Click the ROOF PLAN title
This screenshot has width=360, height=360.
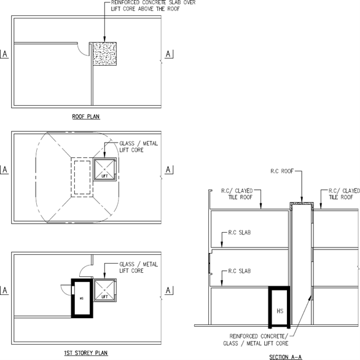tap(86, 117)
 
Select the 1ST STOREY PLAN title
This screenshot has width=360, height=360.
tap(86, 353)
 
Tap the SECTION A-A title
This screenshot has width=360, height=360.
tap(286, 357)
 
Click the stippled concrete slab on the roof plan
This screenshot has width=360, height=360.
tap(104, 54)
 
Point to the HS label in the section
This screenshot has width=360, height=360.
tap(280, 311)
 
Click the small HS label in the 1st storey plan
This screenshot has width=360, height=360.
tap(82, 299)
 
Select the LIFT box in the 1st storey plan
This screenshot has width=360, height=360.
tap(104, 290)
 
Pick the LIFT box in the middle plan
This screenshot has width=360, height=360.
tap(104, 169)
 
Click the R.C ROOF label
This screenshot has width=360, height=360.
tap(282, 171)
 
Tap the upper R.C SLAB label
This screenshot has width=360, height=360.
tap(240, 233)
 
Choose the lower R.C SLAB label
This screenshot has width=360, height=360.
tap(240, 271)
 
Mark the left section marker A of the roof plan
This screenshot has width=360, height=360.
tap(4, 54)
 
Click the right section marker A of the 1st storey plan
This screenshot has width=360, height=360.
tap(169, 291)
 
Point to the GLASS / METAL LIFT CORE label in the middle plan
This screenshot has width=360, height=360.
tap(139, 147)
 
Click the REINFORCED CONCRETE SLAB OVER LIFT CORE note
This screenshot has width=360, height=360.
tap(153, 6)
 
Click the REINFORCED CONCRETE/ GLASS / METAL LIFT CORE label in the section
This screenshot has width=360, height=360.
tap(256, 340)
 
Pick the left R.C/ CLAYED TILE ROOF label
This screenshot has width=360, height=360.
tap(237, 194)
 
